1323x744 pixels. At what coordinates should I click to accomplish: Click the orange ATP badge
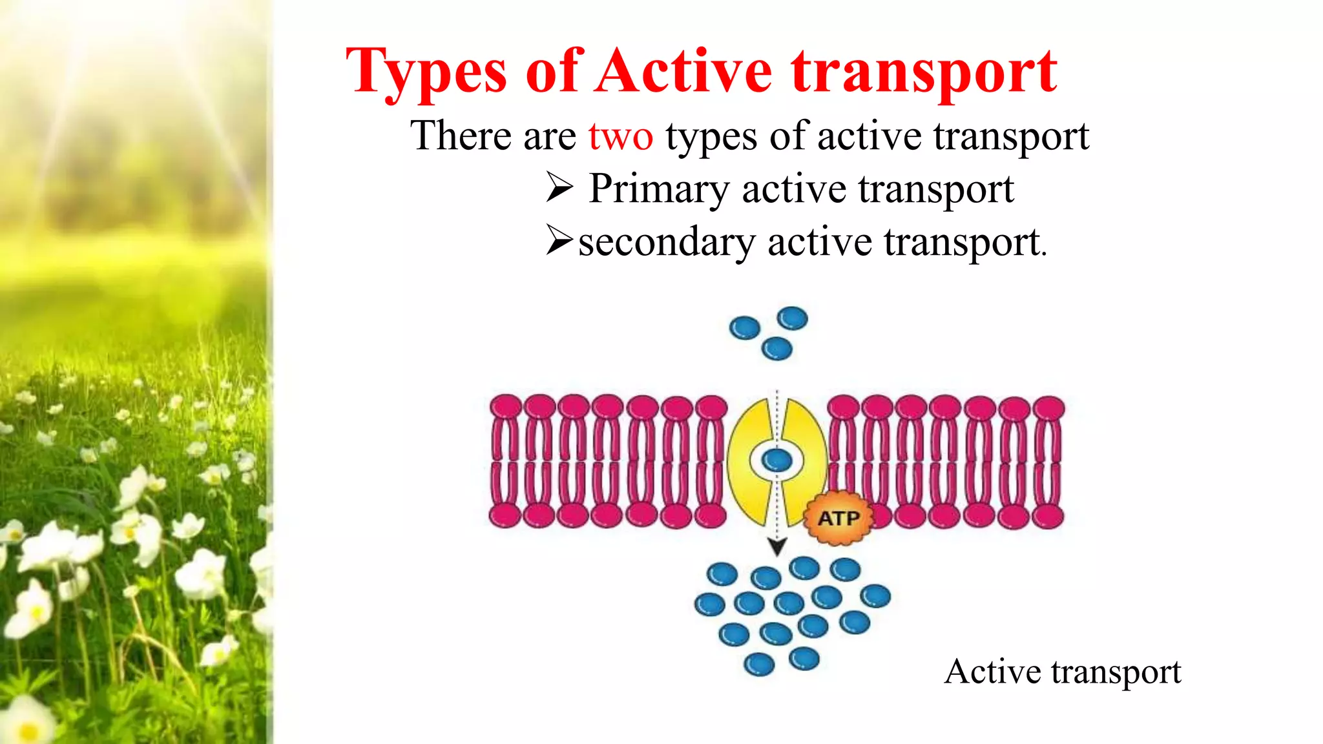pos(839,518)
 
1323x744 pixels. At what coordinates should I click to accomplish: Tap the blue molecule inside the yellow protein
pos(776,460)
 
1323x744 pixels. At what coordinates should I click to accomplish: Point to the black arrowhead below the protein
pos(777,547)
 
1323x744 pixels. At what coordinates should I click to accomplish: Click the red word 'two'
pos(620,137)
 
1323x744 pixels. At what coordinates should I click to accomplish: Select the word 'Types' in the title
pos(426,72)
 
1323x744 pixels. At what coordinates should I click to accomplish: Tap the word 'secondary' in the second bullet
pos(666,243)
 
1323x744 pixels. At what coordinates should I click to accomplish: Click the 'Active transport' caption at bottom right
pos(1063,672)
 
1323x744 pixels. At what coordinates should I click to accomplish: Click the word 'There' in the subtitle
pos(461,136)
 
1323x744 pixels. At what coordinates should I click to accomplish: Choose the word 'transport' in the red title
pos(924,72)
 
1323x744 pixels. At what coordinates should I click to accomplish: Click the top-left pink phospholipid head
pos(505,408)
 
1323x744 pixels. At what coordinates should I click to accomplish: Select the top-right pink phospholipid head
pos(1048,408)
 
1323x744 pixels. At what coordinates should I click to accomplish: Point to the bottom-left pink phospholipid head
pos(505,516)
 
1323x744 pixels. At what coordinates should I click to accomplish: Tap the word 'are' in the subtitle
pos(550,138)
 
